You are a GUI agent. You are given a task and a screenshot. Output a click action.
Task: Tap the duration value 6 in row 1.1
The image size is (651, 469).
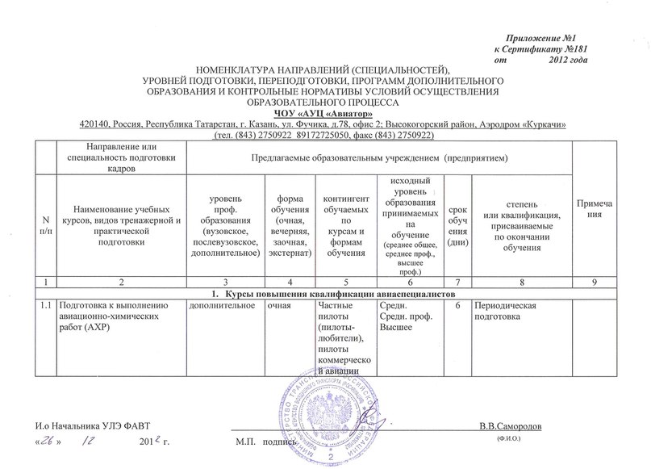click(458, 304)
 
